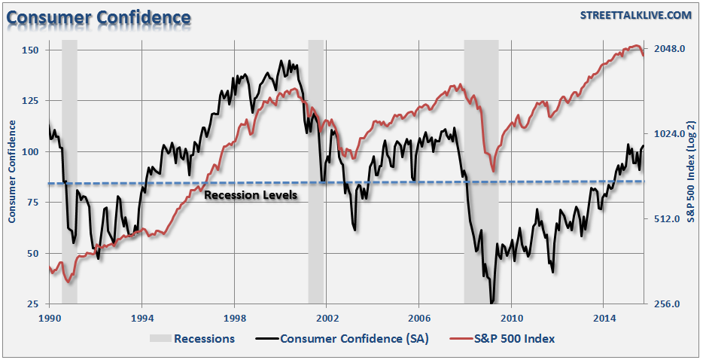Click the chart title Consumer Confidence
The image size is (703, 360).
(99, 17)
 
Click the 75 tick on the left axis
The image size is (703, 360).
(32, 203)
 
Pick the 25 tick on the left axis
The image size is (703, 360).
(32, 304)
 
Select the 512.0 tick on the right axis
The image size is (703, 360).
(670, 219)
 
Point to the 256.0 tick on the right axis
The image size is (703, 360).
(670, 304)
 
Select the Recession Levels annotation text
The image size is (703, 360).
(251, 195)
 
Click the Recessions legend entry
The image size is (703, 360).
(204, 339)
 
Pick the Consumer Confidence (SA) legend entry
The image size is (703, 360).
(354, 339)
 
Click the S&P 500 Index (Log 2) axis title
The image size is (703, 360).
(691, 176)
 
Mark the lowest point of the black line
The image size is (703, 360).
(492, 304)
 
